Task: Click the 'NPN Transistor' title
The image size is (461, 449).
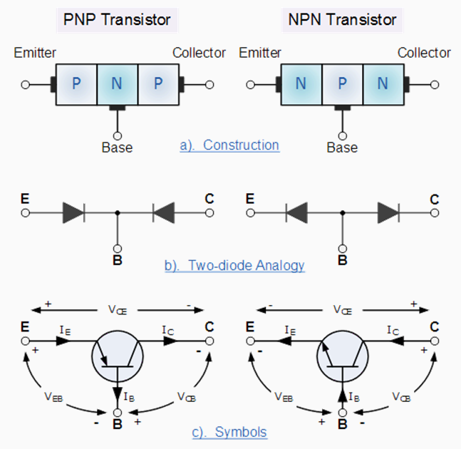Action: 342,19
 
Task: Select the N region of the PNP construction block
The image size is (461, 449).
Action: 116,84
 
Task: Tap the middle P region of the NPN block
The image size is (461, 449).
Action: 342,84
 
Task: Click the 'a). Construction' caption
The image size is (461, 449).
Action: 229,145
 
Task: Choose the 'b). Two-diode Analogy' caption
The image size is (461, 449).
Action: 234,266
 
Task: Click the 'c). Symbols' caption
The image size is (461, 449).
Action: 229,433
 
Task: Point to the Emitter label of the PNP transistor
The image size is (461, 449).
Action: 35,53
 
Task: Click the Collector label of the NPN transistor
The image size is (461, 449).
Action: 424,53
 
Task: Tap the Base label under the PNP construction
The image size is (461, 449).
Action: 116,148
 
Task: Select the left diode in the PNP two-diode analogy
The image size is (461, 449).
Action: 73,212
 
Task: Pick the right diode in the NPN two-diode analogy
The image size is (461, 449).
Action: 388,212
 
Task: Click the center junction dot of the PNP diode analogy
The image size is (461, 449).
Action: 117,212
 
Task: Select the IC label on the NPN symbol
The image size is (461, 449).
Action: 393,331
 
